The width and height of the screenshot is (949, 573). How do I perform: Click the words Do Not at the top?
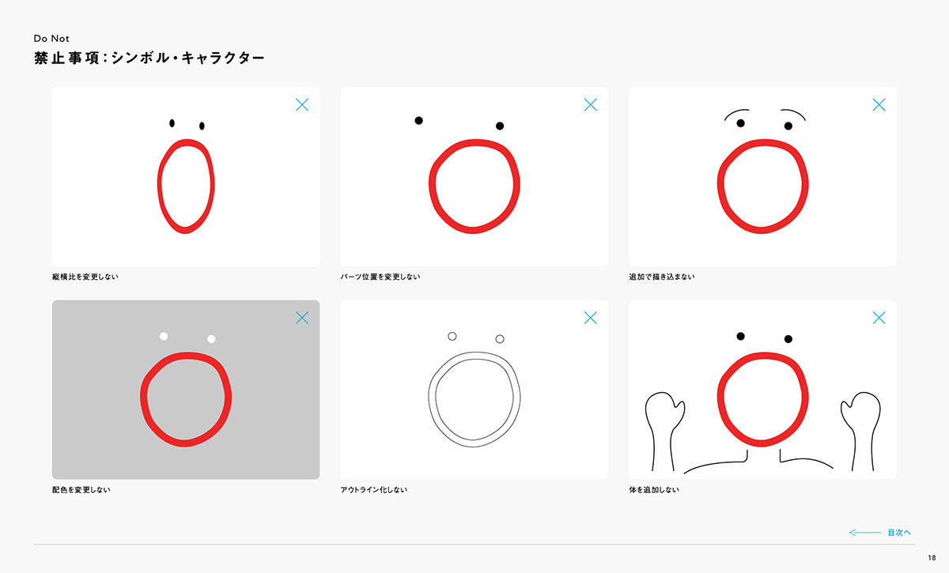[51, 39]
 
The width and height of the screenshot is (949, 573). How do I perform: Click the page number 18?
[932, 558]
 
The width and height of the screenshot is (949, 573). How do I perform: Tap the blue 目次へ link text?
[899, 533]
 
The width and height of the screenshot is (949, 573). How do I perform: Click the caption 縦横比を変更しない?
[85, 277]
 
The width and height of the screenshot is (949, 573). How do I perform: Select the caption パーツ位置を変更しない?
[380, 277]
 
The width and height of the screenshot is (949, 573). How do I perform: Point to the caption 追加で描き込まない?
[662, 277]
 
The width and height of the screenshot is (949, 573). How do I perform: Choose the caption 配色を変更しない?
[81, 489]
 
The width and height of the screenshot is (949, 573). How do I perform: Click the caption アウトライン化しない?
[373, 489]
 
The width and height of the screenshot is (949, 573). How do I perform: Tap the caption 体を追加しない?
[654, 489]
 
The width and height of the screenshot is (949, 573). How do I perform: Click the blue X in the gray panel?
[302, 318]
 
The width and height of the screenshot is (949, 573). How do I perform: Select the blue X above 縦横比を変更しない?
[302, 104]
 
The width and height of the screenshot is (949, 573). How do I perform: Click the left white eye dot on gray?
[164, 336]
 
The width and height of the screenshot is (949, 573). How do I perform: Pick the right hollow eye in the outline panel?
[500, 339]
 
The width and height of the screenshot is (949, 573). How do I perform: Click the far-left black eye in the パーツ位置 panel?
[418, 121]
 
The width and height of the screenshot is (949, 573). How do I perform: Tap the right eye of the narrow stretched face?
[202, 126]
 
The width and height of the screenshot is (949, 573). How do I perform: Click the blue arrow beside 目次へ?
[864, 533]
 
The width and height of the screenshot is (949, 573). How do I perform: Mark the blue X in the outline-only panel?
[591, 318]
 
